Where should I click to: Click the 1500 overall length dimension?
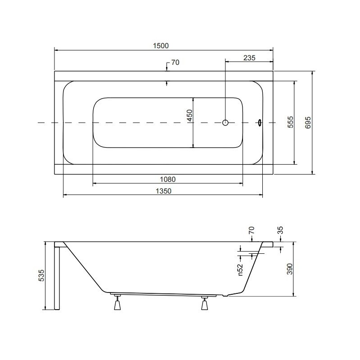coord(161,45)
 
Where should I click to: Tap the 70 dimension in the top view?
coord(175,63)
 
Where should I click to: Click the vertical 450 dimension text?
coord(189,118)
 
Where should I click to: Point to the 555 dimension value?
coord(290,122)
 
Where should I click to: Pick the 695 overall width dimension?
coord(308,122)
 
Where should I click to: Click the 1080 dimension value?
coord(167,179)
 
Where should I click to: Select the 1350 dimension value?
coord(164,191)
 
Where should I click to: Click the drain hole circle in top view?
coord(225,122)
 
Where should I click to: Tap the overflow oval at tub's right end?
coord(260,122)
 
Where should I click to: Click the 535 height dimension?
coord(41,275)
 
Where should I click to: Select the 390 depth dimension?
coord(290,269)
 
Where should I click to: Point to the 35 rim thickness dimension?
coord(280,231)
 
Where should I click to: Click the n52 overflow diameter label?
coord(240,269)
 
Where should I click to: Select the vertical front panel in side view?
coord(57,277)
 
